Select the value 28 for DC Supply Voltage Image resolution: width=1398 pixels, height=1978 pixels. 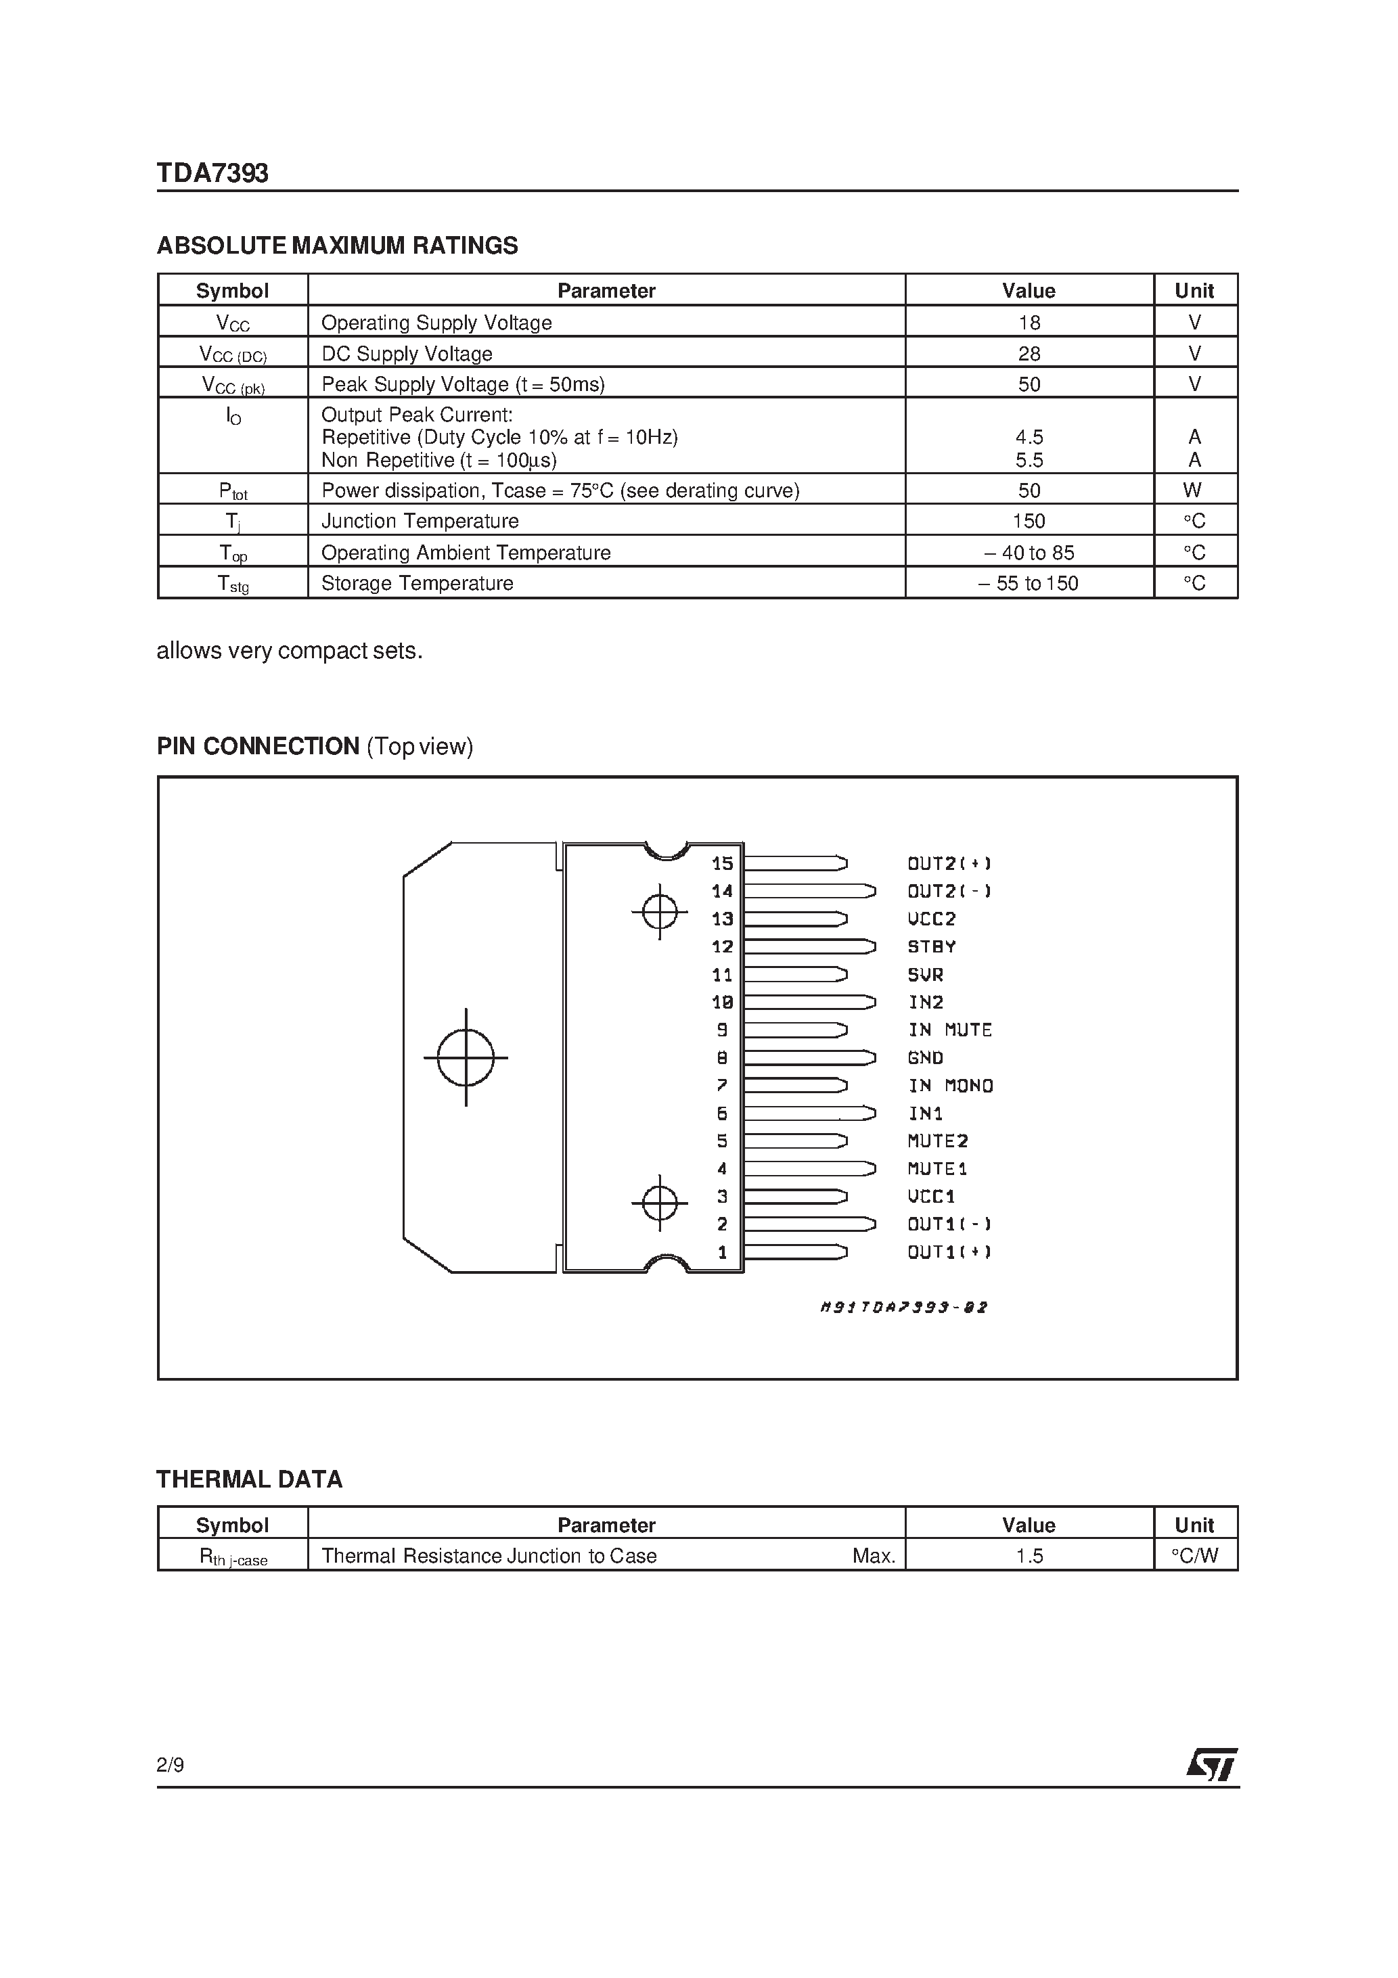pyautogui.click(x=1029, y=353)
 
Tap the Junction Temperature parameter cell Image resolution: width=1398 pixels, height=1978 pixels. pyautogui.click(x=420, y=521)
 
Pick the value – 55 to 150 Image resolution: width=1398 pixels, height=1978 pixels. pyautogui.click(x=1029, y=583)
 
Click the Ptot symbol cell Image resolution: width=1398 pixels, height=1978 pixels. pyautogui.click(x=233, y=491)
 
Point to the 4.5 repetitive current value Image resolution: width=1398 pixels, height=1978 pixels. pyautogui.click(x=1029, y=437)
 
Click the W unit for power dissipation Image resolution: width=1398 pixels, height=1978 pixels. pyautogui.click(x=1193, y=490)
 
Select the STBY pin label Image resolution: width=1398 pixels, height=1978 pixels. pyautogui.click(x=932, y=947)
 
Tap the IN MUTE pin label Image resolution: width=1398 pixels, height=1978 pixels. pyautogui.click(x=950, y=1030)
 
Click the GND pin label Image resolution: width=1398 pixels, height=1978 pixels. pyautogui.click(x=926, y=1058)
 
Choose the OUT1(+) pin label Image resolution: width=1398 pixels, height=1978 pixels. pyautogui.click(x=949, y=1251)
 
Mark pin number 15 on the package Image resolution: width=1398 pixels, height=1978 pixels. pyautogui.click(x=722, y=863)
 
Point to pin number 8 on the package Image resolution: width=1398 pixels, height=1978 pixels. pyautogui.click(x=722, y=1058)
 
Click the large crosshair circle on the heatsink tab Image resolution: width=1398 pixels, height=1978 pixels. pyautogui.click(x=466, y=1057)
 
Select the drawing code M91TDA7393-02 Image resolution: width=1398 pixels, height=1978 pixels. pyautogui.click(x=903, y=1307)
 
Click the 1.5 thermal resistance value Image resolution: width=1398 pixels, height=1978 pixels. pyautogui.click(x=1029, y=1556)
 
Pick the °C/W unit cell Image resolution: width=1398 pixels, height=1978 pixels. pyautogui.click(x=1194, y=1556)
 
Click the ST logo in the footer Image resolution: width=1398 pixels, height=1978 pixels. pyautogui.click(x=1211, y=1764)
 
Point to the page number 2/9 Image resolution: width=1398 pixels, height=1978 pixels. pyautogui.click(x=171, y=1765)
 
